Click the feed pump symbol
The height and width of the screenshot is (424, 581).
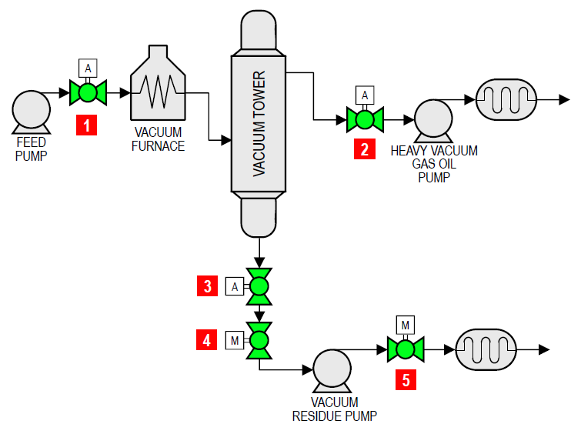pos(30,109)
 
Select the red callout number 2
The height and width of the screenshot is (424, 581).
pos(364,149)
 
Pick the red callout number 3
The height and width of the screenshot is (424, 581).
pos(207,287)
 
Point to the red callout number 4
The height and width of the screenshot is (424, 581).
pos(207,339)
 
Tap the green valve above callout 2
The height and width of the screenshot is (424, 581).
pos(365,119)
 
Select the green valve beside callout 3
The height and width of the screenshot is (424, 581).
pos(259,287)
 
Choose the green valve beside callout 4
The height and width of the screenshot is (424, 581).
pos(259,339)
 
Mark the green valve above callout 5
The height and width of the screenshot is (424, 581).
pos(406,350)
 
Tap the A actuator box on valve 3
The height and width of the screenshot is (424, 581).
pos(235,287)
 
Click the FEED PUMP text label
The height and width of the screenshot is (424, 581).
pos(32,149)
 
